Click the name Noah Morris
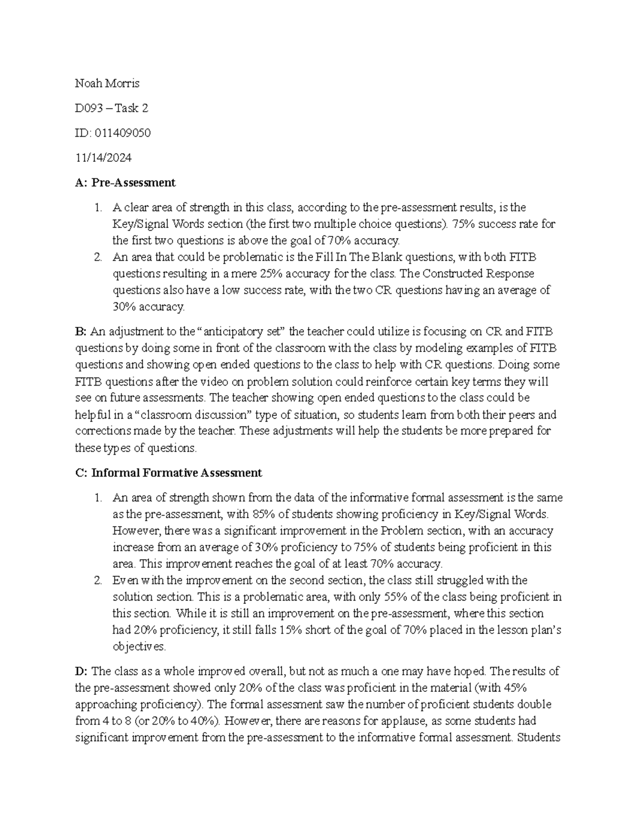[107, 84]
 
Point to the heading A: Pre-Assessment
[125, 183]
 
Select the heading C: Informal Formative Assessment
[169, 473]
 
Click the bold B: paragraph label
[81, 332]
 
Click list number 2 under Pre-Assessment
[97, 257]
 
